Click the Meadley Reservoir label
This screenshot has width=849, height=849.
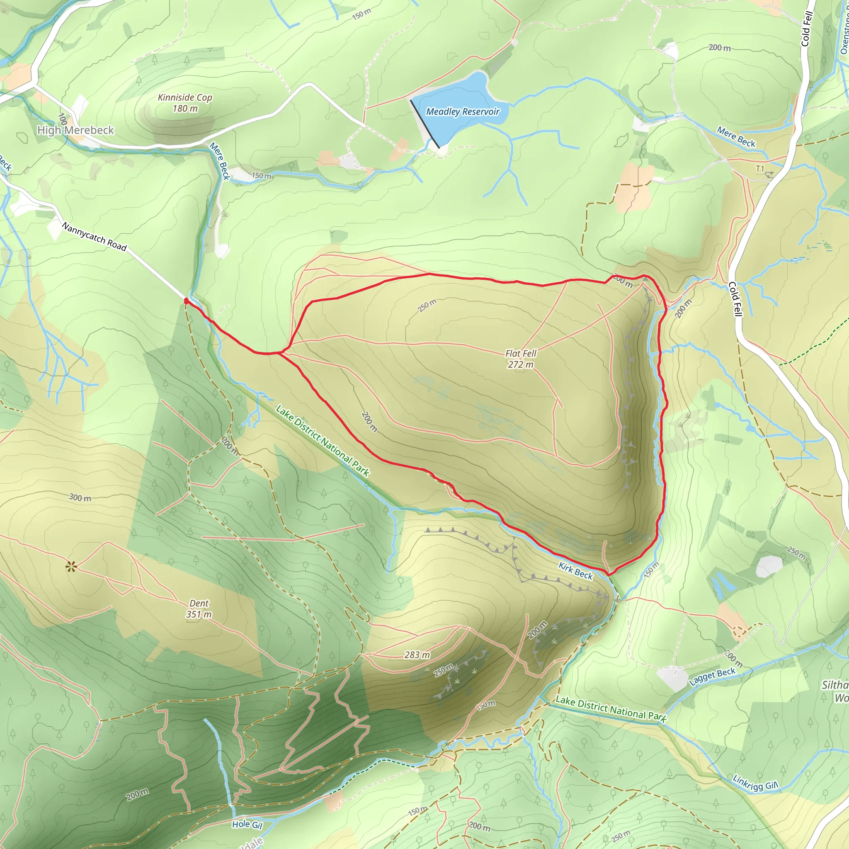pyautogui.click(x=462, y=112)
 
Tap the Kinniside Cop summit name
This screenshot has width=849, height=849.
pyautogui.click(x=184, y=97)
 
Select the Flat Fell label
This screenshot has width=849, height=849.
pyautogui.click(x=521, y=353)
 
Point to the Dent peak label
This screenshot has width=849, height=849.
pyautogui.click(x=199, y=603)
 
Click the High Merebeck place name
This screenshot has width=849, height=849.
pyautogui.click(x=75, y=130)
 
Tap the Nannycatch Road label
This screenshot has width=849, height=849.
pyautogui.click(x=94, y=236)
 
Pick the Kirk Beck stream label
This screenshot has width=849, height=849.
pyautogui.click(x=576, y=570)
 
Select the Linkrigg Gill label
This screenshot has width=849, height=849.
pyautogui.click(x=755, y=783)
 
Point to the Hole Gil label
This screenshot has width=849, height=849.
pyautogui.click(x=247, y=825)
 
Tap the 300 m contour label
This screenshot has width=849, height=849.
pyautogui.click(x=80, y=498)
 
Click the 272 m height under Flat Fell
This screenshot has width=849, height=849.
pyautogui.click(x=521, y=364)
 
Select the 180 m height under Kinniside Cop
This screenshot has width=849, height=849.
pyautogui.click(x=185, y=108)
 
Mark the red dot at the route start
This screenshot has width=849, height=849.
pyautogui.click(x=186, y=301)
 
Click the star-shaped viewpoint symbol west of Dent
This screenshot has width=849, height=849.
pyautogui.click(x=71, y=567)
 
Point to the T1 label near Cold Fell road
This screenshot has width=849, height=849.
pyautogui.click(x=760, y=169)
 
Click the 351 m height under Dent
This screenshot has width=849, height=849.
pyautogui.click(x=199, y=614)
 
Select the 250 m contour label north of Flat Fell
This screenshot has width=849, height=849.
pyautogui.click(x=427, y=306)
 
